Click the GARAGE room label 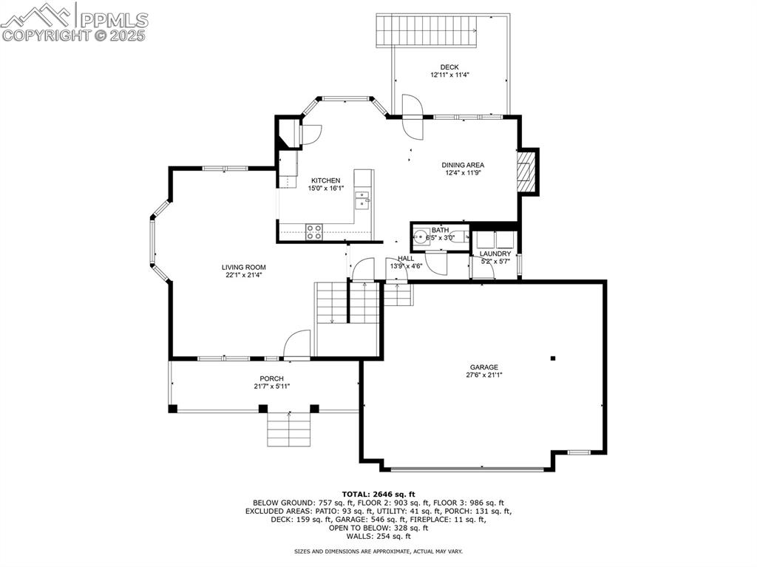coord(483,367)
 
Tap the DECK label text coord(449,67)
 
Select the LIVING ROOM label coord(244,267)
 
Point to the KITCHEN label coord(325,180)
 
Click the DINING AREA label coord(463,166)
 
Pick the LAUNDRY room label coord(495,254)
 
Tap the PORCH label coord(271,378)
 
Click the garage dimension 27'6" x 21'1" coord(483,375)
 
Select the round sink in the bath coord(420,237)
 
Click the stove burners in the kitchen coord(314,230)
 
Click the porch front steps coord(288,430)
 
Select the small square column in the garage coord(553,359)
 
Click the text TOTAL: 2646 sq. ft coord(378,494)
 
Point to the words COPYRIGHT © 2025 coord(74,35)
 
